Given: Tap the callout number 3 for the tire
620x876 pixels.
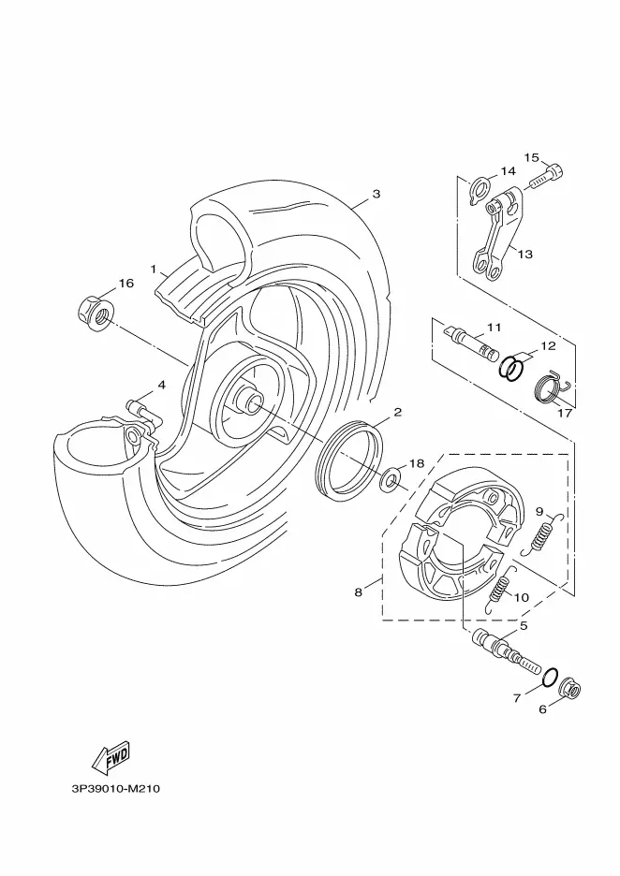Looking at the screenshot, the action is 376,194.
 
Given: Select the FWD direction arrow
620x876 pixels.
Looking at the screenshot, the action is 111,757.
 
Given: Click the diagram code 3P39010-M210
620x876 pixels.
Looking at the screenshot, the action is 116,789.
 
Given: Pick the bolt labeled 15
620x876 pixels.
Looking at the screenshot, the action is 545,177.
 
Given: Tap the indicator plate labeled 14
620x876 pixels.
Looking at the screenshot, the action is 480,188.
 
